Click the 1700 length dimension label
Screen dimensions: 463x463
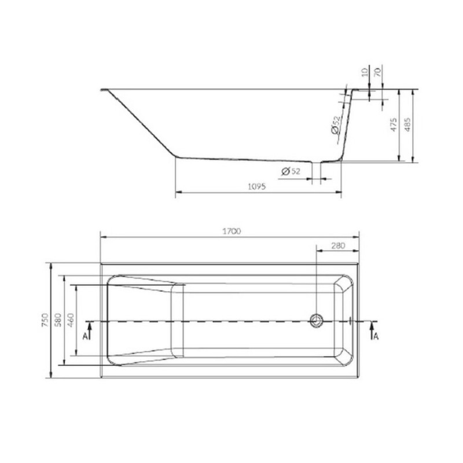click(x=231, y=231)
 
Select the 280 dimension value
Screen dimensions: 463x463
click(x=338, y=245)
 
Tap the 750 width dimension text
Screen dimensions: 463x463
click(x=45, y=320)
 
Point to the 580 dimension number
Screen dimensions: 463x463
click(x=58, y=320)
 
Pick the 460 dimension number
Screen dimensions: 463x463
click(x=71, y=320)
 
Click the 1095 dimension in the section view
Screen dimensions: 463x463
click(x=256, y=186)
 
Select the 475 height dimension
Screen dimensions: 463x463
click(x=394, y=124)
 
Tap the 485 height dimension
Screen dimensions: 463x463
click(x=407, y=124)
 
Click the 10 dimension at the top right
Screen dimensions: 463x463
click(x=365, y=72)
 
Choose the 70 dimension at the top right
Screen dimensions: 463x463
click(x=378, y=72)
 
